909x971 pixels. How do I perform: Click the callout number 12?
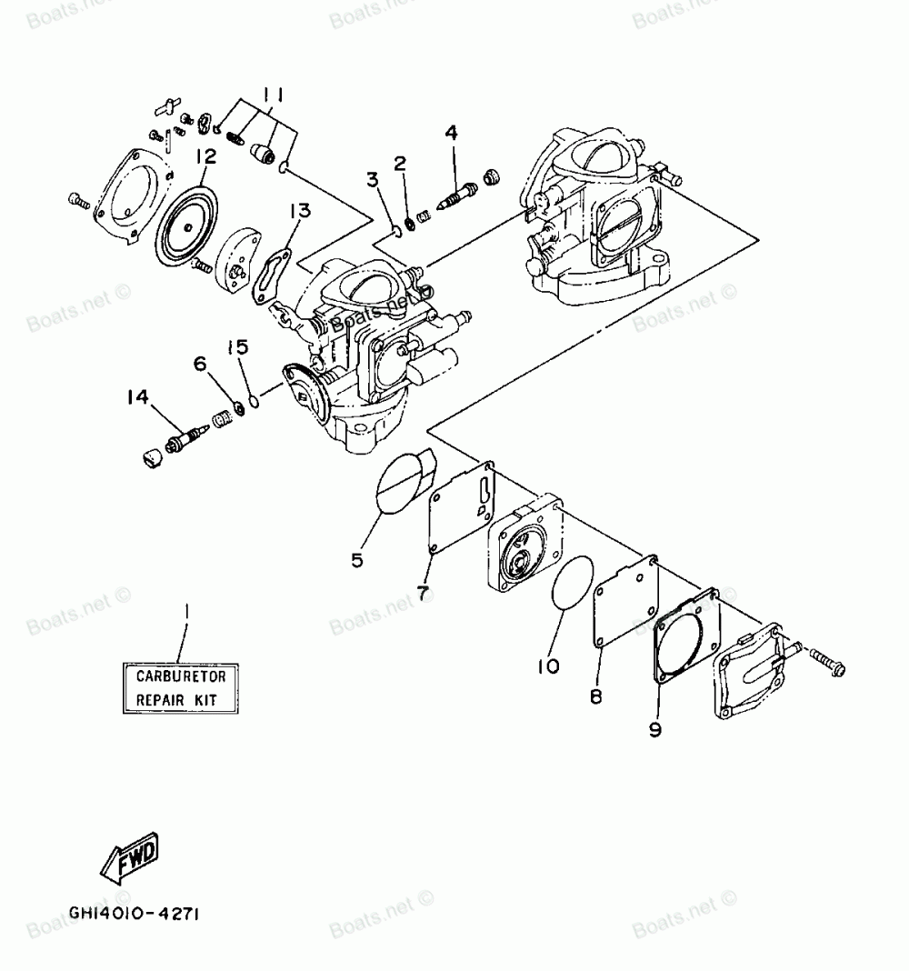[205, 157]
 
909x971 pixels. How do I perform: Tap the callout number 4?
[452, 134]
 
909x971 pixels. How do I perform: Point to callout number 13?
[300, 212]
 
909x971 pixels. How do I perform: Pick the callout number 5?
[357, 561]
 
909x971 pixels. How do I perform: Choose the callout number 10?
[547, 666]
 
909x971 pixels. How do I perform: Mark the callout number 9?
[655, 730]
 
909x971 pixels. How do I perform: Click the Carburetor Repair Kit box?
[187, 688]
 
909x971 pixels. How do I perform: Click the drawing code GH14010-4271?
[133, 911]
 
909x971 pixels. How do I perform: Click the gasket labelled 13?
[270, 269]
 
